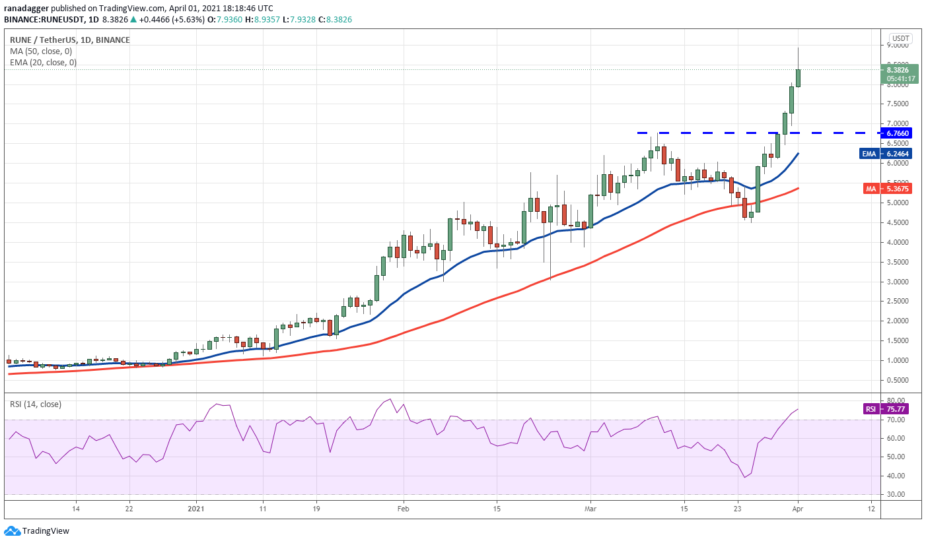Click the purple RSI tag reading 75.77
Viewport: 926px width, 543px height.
[871, 408]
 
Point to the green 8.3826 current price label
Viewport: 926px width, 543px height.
[898, 69]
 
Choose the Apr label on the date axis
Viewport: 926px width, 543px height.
[797, 509]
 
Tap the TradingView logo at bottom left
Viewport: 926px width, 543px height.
[38, 531]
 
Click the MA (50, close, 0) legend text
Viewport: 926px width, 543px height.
[41, 51]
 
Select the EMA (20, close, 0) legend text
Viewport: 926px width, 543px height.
[43, 63]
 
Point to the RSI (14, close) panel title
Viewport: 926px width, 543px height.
[36, 404]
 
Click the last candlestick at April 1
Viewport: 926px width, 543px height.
[798, 78]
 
